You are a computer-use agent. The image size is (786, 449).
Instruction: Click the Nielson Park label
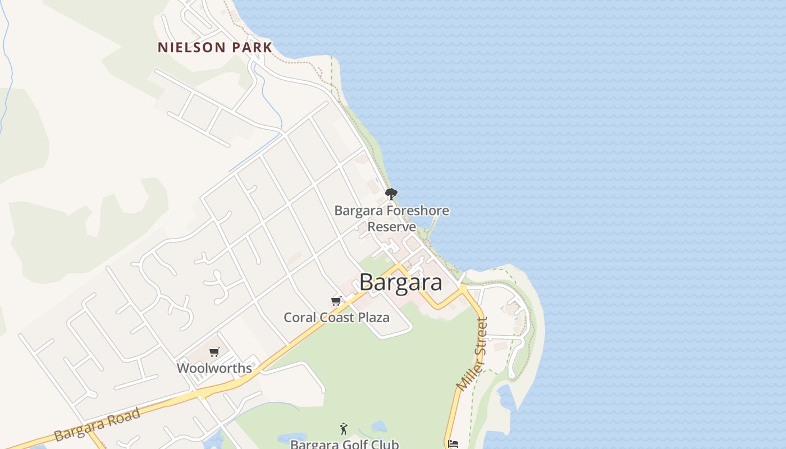214,47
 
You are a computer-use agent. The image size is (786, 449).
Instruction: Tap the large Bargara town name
400,282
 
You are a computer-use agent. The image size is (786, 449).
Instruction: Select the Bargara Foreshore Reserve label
391,218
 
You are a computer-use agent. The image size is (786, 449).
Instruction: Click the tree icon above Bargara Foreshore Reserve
391,194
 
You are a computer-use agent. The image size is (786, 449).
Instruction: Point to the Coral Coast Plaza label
336,317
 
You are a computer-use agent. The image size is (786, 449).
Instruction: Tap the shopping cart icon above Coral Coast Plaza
336,301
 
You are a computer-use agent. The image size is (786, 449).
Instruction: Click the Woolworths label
214,368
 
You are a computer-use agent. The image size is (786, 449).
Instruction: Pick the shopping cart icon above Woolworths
214,352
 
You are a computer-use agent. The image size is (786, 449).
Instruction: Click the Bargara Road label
97,425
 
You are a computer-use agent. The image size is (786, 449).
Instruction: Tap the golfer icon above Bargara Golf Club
344,429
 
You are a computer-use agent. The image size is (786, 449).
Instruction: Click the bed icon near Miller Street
454,444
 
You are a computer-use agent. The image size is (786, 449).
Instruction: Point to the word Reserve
391,227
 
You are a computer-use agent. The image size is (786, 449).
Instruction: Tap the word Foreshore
417,211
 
